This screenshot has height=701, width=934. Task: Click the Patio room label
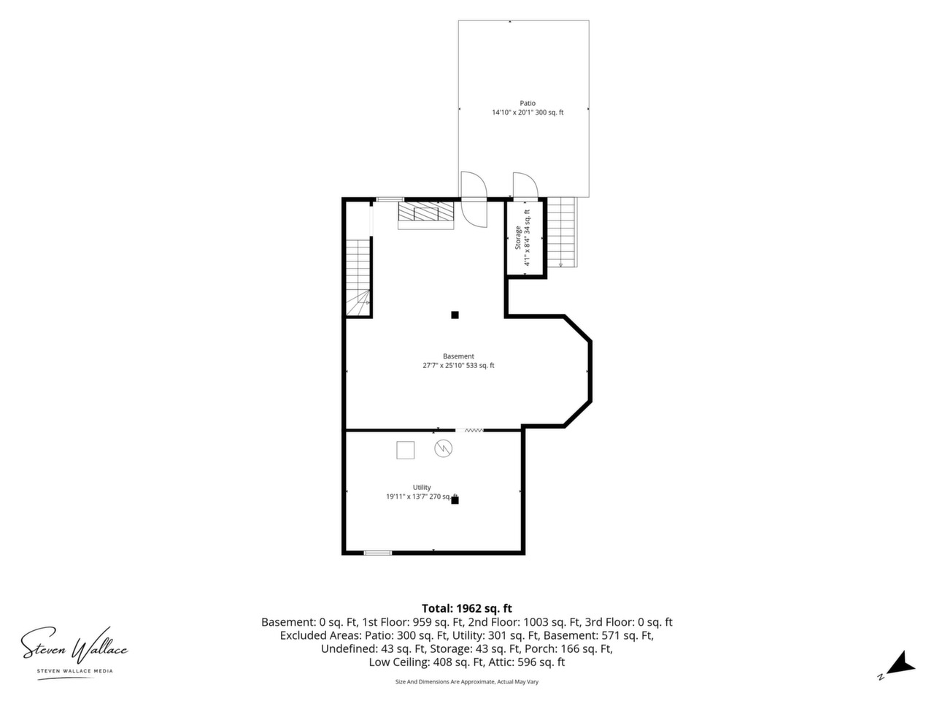click(x=528, y=104)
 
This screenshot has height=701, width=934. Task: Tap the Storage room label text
click(x=518, y=238)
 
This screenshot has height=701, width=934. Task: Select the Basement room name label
click(x=458, y=356)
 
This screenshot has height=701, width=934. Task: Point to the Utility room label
click(x=422, y=487)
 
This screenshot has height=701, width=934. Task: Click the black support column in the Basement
click(x=455, y=315)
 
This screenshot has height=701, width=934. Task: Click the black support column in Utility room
click(x=455, y=500)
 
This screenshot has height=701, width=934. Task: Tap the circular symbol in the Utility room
click(x=444, y=448)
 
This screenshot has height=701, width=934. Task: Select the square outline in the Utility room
click(x=406, y=451)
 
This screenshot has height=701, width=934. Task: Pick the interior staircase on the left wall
click(x=358, y=277)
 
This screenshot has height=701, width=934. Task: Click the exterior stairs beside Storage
click(x=562, y=232)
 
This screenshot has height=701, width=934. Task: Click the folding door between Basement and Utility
click(x=470, y=430)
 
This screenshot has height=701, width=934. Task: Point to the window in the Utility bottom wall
click(x=377, y=553)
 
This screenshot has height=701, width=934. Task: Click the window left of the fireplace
click(x=390, y=199)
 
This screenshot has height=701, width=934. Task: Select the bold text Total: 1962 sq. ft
click(x=467, y=608)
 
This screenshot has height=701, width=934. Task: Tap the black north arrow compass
click(x=901, y=669)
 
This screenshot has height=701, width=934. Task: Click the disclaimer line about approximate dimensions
click(x=467, y=682)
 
